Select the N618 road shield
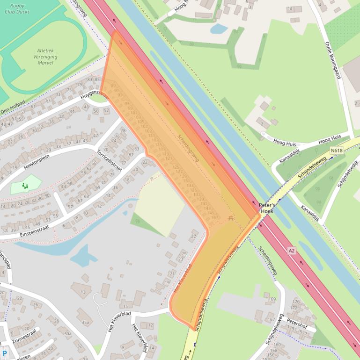pos(336,151)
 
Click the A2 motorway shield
pos(292,251)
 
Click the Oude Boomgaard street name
pos(332,60)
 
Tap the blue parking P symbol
pos(5,354)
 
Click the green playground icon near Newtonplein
pos(25,186)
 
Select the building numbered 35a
pos(85,322)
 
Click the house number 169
pos(272,299)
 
